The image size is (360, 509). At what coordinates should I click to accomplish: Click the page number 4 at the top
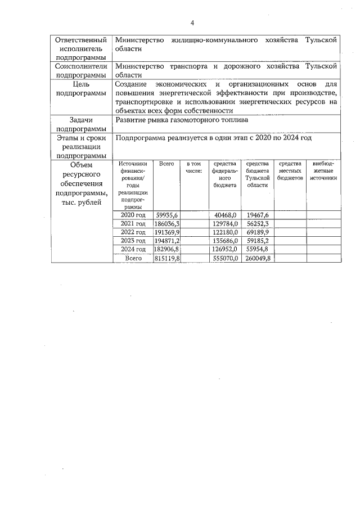[192, 23]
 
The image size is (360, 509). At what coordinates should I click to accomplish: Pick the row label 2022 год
[133, 232]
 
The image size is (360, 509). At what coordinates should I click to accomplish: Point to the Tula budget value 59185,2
[258, 241]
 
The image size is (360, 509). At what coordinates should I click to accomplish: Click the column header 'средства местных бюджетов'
[290, 170]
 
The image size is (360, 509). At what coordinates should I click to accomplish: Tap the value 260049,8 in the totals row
[258, 258]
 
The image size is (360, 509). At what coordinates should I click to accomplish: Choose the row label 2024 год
[133, 249]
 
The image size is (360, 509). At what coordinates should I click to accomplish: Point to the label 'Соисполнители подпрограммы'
[82, 70]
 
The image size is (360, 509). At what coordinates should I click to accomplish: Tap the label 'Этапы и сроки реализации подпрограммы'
[82, 146]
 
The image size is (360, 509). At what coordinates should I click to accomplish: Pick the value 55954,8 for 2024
[258, 249]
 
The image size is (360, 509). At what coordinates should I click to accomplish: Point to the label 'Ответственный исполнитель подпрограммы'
[82, 49]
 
